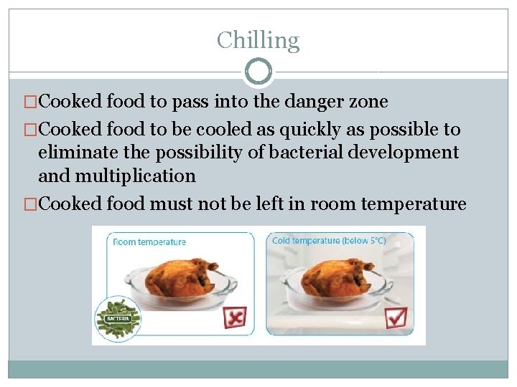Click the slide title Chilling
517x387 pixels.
(258, 40)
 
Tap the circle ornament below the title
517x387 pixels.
(258, 72)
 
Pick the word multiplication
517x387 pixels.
(137, 176)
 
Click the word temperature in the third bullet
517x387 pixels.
(414, 204)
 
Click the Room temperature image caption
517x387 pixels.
(149, 242)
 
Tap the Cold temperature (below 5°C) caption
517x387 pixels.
(329, 241)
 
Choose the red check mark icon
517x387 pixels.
(396, 316)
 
